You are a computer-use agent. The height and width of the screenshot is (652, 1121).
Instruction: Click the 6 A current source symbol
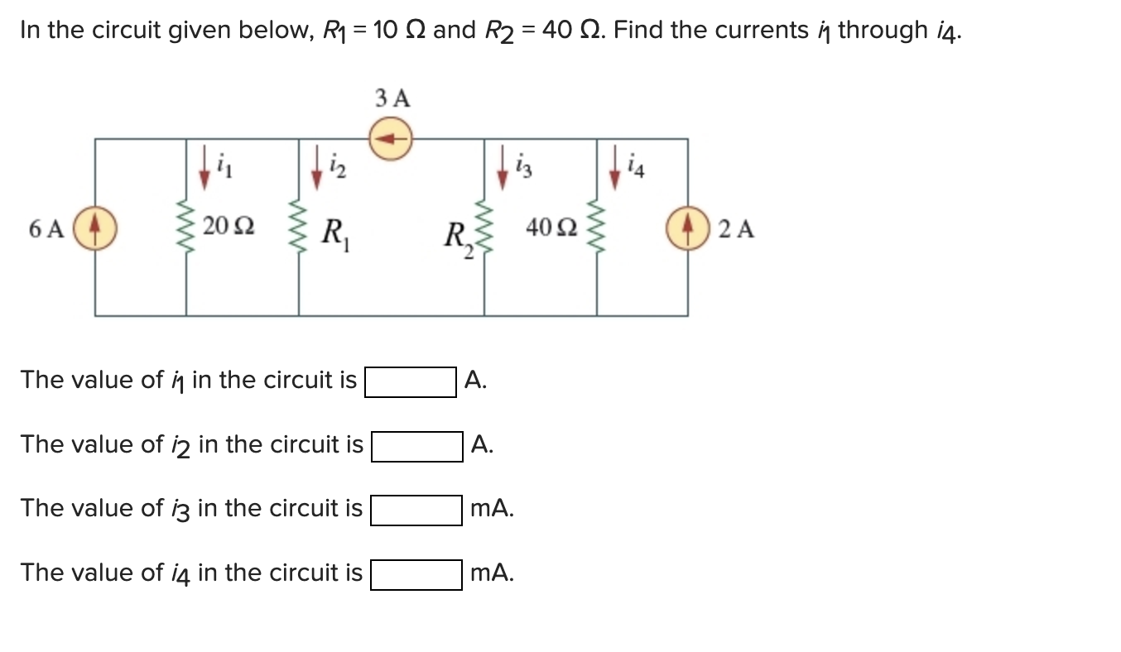[x=94, y=228]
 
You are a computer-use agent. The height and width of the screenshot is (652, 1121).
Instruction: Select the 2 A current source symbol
[x=688, y=228]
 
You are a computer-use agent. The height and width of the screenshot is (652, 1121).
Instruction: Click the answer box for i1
[x=410, y=382]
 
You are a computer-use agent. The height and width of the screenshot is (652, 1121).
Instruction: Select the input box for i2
[x=416, y=447]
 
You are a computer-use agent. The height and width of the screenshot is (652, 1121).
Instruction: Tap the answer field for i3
[x=416, y=510]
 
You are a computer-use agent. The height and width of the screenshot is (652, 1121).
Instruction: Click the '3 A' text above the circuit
[x=392, y=98]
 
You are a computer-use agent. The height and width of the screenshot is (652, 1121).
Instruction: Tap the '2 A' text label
[x=736, y=229]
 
